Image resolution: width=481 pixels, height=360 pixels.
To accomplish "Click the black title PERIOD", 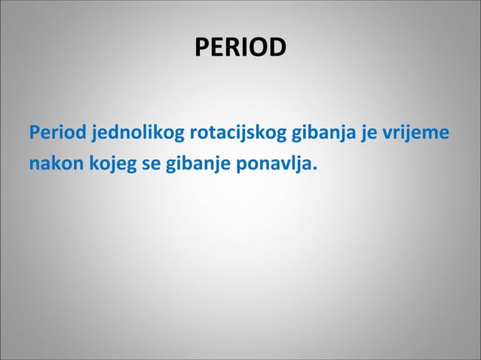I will click(x=240, y=47).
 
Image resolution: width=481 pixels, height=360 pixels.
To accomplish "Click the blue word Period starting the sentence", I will click(x=58, y=134).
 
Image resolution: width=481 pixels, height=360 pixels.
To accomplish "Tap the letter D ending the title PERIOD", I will click(x=277, y=47).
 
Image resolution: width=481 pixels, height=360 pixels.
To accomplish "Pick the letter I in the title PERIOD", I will click(x=244, y=47).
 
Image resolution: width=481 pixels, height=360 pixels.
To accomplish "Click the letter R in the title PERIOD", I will click(x=231, y=47).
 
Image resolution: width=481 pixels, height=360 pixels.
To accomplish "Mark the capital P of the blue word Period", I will click(x=34, y=134).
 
